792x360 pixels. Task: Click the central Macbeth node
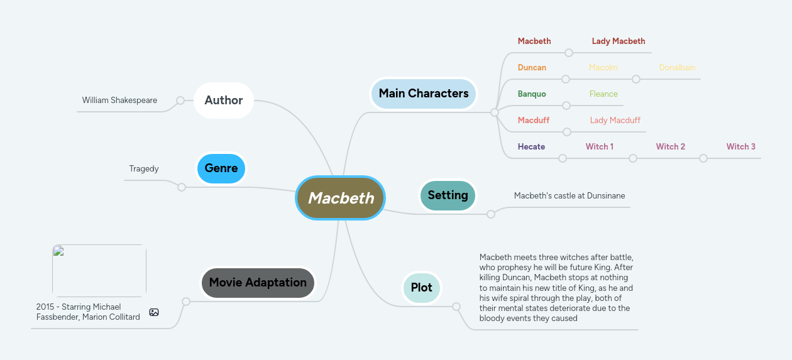tap(340, 198)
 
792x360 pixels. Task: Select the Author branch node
tap(223, 101)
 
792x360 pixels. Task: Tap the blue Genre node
tap(221, 168)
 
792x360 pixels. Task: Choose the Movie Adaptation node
tap(258, 283)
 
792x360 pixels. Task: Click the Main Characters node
tap(423, 94)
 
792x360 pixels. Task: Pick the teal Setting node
tap(448, 195)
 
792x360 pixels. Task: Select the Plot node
tap(421, 288)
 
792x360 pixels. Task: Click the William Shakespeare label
tap(119, 101)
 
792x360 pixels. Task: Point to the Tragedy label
tap(144, 169)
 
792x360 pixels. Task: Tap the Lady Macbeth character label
tap(618, 41)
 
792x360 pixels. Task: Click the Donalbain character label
tap(677, 68)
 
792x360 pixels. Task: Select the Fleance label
tap(603, 94)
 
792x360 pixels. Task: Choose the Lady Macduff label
tap(615, 121)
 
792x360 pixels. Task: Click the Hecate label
tap(531, 147)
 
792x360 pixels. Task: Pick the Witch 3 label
tap(740, 147)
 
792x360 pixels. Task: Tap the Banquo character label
tap(532, 94)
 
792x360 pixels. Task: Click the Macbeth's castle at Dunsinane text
tap(569, 196)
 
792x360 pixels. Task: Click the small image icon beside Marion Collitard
tap(154, 312)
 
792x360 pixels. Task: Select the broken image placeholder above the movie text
tap(99, 271)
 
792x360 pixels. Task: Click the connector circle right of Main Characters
tap(495, 112)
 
